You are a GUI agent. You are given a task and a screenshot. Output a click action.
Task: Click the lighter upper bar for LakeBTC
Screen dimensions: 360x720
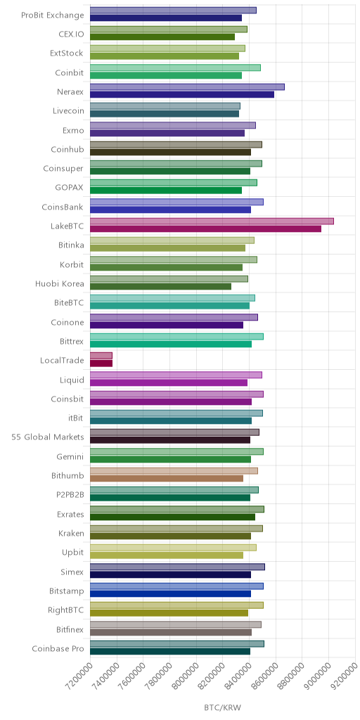coord(212,221)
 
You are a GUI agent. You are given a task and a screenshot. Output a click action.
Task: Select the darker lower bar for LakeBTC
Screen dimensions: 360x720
coord(205,229)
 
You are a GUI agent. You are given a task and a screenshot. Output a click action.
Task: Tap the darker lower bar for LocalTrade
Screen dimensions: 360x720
coord(101,364)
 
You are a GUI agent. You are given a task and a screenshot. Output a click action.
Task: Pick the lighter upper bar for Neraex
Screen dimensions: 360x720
coord(187,86)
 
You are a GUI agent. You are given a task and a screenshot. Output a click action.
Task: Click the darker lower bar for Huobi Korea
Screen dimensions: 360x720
coord(161,287)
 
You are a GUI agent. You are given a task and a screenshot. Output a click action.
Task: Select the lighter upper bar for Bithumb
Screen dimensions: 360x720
coord(174,470)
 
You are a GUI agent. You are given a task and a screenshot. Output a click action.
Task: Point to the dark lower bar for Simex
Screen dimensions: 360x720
coord(170,574)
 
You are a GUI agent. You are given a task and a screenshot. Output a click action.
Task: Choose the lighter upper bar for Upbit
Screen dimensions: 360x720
coord(173,548)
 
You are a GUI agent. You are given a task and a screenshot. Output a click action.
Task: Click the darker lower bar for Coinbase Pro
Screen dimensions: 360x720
coord(170,651)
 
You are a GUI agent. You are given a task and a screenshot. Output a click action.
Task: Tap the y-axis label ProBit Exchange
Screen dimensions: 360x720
coord(53,15)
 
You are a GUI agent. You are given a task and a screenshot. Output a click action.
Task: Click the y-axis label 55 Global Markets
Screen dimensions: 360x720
coord(48,437)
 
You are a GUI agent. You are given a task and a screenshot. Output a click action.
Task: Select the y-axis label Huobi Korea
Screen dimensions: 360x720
coord(60,283)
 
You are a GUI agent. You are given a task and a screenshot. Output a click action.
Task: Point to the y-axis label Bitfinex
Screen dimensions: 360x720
coord(67,629)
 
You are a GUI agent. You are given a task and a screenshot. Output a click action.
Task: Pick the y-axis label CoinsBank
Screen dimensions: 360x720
coord(63,207)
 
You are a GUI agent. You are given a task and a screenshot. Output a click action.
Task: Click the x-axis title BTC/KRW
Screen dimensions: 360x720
coord(223,707)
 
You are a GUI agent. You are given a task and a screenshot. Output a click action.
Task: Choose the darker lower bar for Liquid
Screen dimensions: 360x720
coord(169,382)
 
